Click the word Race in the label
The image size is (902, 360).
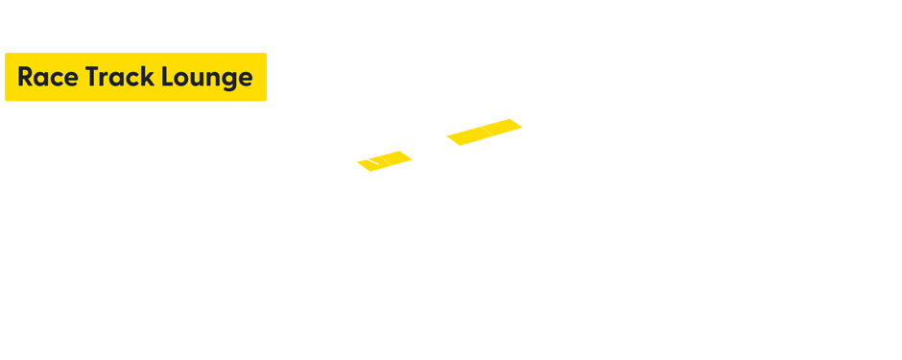[46, 78]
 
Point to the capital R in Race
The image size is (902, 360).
[26, 78]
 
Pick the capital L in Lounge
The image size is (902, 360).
[167, 78]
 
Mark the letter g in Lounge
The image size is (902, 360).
[226, 81]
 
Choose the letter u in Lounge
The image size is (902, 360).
[197, 80]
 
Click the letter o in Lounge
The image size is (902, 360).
[181, 80]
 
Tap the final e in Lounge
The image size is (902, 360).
[245, 80]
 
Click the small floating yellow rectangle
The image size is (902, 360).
[484, 132]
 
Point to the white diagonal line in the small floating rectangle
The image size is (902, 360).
[487, 130]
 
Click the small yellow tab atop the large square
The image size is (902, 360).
[396, 160]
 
